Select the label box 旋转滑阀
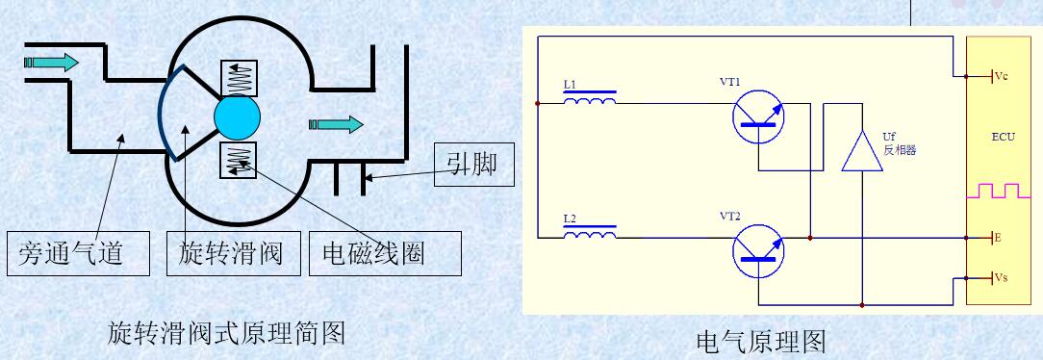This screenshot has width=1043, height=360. coord(230,253)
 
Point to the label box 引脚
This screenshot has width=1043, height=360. coord(471,166)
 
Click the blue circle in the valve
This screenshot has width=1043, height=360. coord(238,116)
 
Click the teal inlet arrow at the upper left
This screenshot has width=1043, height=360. coord(52,63)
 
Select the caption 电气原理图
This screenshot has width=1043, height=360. coord(760,341)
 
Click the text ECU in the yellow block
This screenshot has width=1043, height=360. coord(1004,138)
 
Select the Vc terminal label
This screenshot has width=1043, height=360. coord(1000,75)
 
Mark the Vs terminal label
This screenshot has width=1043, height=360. coord(1000,278)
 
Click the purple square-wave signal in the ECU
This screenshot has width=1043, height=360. coord(1004,190)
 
